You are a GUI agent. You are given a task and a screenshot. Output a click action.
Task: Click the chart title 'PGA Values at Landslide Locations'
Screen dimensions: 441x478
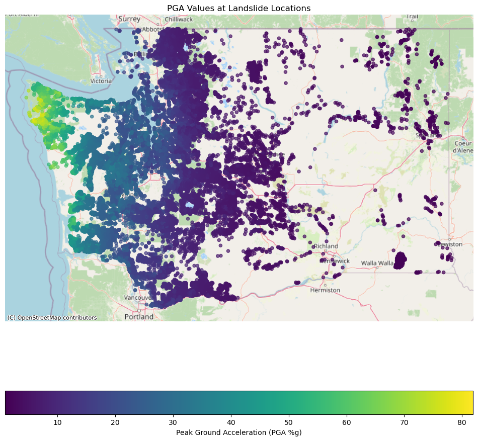[x=238, y=8]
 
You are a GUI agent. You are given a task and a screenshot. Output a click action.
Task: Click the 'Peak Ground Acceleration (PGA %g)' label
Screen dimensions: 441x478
[x=238, y=432]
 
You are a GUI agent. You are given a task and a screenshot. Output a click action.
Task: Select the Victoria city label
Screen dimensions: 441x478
[x=101, y=81]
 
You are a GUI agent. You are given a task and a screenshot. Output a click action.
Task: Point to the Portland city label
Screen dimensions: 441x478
[x=139, y=317]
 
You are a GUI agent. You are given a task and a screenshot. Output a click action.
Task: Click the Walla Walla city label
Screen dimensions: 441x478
[x=377, y=263]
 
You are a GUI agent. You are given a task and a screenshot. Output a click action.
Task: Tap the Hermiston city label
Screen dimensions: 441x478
[x=325, y=290]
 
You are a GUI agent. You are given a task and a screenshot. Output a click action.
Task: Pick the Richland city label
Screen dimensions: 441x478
[x=326, y=246]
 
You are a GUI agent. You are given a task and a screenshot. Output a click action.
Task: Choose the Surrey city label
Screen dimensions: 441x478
[x=130, y=19]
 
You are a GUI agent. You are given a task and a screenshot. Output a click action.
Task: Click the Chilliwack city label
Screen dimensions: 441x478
[x=178, y=20]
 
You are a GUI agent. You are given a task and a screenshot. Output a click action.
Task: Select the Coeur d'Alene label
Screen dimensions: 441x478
[x=462, y=147]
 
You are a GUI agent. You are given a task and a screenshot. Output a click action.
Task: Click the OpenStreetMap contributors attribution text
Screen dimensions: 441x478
[x=52, y=318]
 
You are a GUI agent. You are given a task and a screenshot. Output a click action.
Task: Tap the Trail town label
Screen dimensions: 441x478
[x=412, y=17]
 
